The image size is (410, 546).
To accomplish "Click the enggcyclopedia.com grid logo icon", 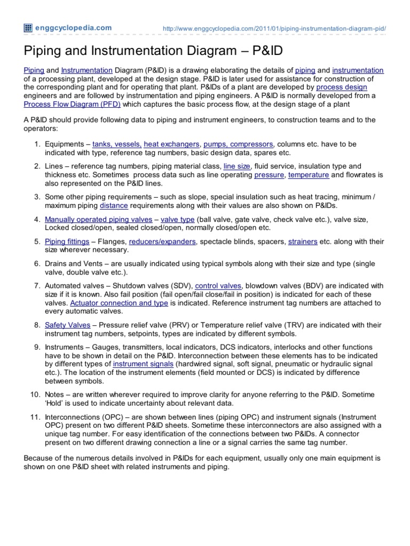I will point(28,28).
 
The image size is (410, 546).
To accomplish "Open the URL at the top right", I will point(274,28).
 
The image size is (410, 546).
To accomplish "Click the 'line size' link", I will point(237,166).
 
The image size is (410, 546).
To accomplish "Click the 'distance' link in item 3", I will point(113,205).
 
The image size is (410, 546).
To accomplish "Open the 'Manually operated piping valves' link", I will point(91,219).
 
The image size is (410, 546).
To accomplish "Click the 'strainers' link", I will point(303,242).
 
